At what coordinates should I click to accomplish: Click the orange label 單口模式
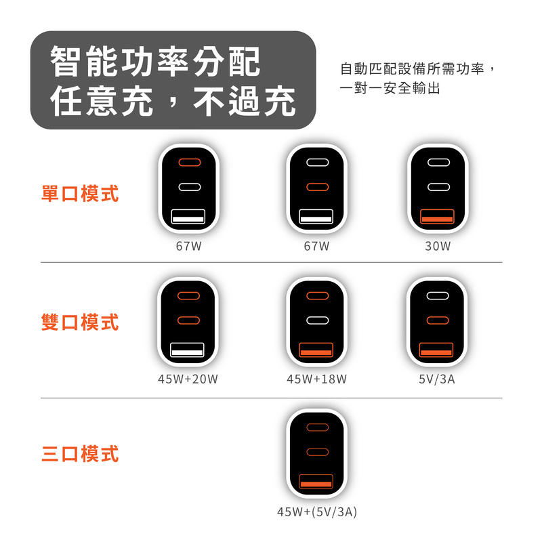(80, 194)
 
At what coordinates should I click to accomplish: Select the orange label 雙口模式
(80, 322)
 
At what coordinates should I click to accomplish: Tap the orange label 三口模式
(80, 454)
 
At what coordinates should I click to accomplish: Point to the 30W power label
(438, 246)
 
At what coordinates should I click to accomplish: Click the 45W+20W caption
(188, 379)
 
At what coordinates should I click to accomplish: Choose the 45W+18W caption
(316, 379)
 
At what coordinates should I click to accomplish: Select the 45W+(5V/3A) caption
(316, 512)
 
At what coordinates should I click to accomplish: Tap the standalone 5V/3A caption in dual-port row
(436, 379)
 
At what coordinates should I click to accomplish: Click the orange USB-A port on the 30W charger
(437, 216)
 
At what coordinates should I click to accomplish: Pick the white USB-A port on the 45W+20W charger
(187, 350)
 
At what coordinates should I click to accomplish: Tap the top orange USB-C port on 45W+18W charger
(317, 295)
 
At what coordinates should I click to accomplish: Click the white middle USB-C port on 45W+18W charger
(317, 320)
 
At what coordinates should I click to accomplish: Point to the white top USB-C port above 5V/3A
(438, 295)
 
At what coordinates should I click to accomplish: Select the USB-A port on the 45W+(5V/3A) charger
(316, 481)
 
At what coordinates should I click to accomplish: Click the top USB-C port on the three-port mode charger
(317, 428)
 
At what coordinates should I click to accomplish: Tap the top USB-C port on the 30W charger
(438, 162)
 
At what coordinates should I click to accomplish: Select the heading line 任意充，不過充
(173, 100)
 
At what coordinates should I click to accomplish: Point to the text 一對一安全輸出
(390, 89)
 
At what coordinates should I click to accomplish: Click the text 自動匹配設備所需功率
(412, 69)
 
